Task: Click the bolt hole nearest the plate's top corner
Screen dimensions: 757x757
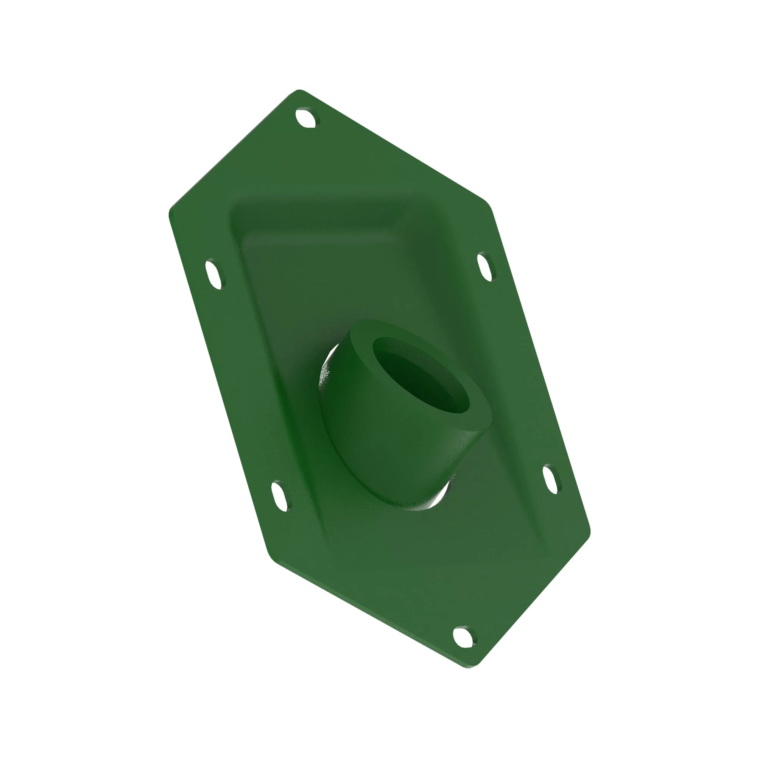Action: pos(307,118)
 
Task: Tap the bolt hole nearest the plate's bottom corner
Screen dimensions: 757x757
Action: pos(465,637)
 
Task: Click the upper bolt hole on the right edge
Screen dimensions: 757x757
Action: pos(486,266)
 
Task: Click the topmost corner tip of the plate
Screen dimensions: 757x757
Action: pos(300,91)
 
